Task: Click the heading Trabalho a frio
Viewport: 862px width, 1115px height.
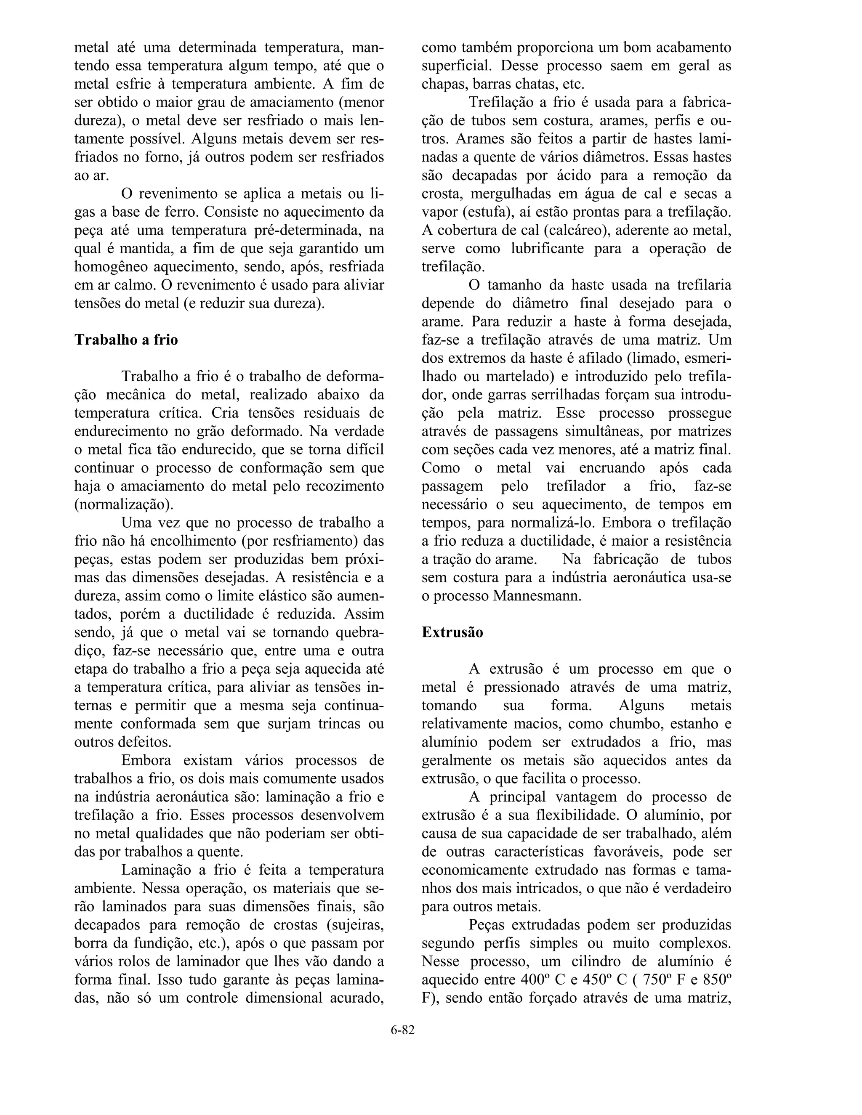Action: click(x=126, y=340)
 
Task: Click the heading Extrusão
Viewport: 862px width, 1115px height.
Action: click(x=452, y=632)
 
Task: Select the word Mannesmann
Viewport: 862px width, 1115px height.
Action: click(x=537, y=596)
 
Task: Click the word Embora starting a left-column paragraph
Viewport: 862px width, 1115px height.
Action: click(x=146, y=761)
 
